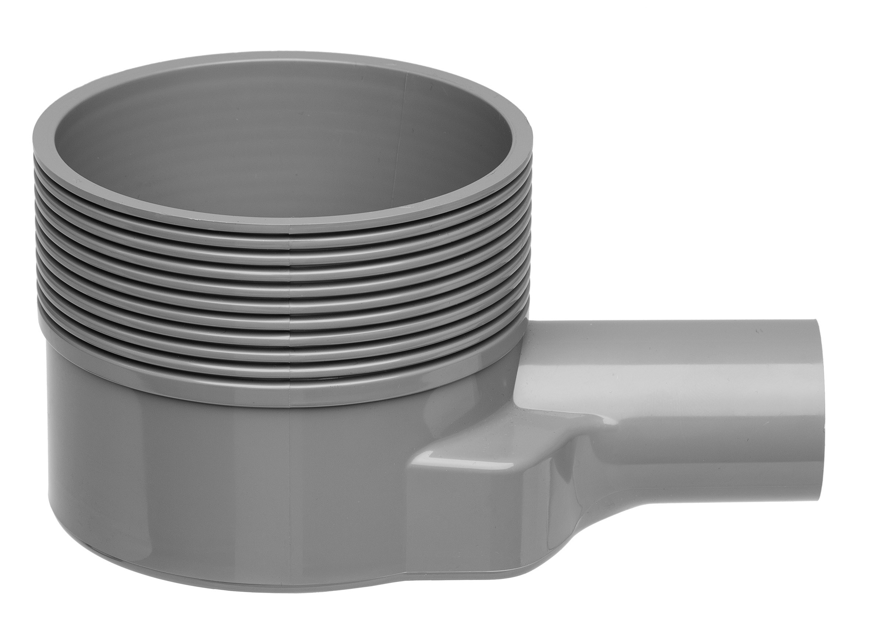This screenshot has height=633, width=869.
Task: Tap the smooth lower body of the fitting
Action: coord(192,479)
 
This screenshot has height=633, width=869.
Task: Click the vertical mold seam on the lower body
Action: coord(290,479)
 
